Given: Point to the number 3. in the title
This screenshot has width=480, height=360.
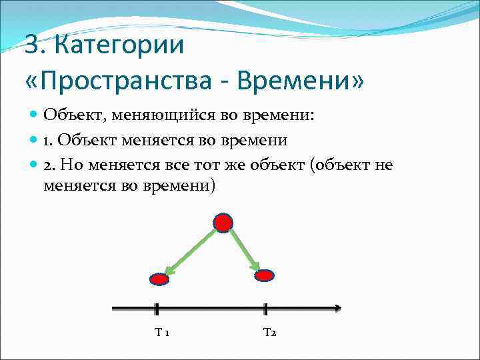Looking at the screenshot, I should point(35,46).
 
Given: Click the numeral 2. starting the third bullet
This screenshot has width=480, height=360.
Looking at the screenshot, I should point(49,165).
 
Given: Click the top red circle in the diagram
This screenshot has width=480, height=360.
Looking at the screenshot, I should point(223,223).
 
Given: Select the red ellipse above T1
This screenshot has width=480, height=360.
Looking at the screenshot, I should point(159,279).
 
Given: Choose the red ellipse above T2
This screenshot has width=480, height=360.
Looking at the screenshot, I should point(265,275).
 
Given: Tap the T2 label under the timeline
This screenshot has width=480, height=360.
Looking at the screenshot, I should point(269,332).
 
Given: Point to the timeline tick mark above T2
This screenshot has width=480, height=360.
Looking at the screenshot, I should point(265,309).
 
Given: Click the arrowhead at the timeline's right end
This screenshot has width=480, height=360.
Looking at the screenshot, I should point(337,309).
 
